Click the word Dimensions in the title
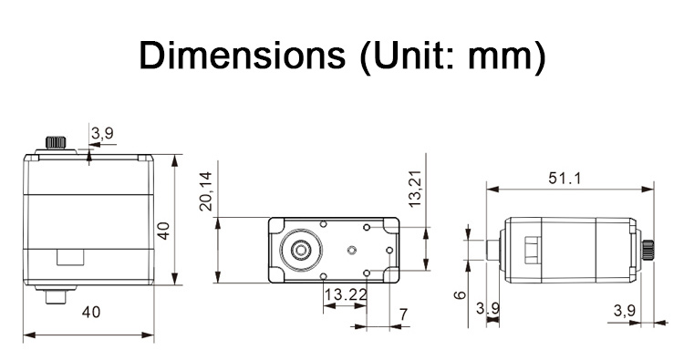[x=242, y=56]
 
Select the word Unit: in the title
[x=409, y=57]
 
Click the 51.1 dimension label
[x=565, y=179]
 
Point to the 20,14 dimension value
[x=205, y=191]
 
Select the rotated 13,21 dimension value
[x=414, y=188]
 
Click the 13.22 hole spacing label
[x=346, y=295]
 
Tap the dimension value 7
[x=403, y=314]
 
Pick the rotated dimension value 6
[x=460, y=295]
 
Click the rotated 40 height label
[x=163, y=231]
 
